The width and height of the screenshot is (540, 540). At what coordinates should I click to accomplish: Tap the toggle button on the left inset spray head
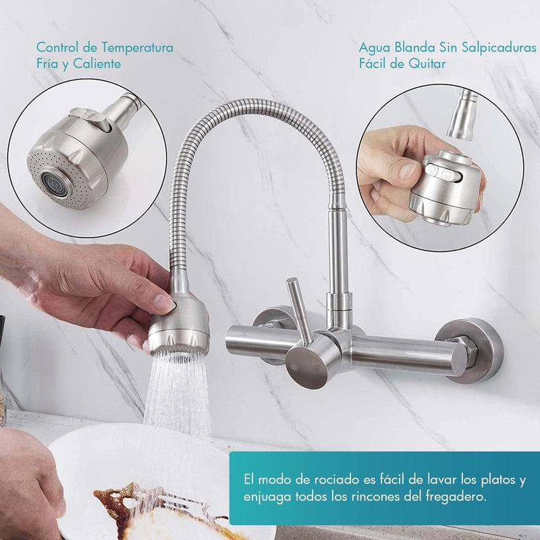(90, 119)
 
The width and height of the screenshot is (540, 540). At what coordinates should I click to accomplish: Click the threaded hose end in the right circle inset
(462, 113)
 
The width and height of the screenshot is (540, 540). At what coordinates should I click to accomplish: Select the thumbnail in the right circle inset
(408, 171)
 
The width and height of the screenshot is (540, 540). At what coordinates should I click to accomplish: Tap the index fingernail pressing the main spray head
(163, 302)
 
